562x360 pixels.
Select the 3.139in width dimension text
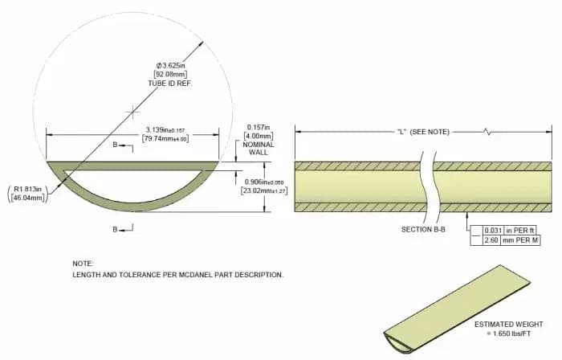(165, 129)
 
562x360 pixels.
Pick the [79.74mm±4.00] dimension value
(165, 139)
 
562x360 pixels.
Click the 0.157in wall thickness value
(258, 127)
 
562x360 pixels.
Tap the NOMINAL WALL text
(258, 149)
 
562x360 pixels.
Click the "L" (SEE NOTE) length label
(423, 131)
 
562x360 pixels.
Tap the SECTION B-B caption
(423, 230)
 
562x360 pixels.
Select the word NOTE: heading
(83, 264)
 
